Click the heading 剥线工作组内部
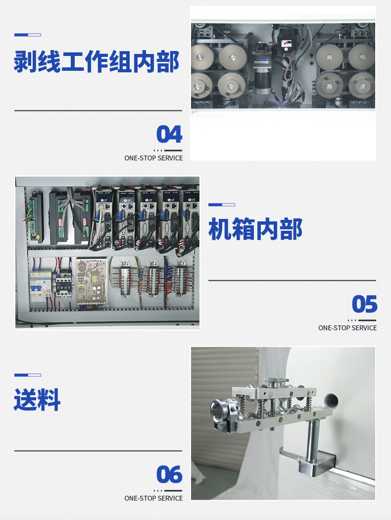97,62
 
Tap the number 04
169,134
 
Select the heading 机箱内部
255,229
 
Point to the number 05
364,304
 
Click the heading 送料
37,400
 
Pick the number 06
169,474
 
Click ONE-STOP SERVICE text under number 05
347,328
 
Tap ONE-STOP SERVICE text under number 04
153,158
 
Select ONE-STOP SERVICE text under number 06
153,498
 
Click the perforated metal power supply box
92,281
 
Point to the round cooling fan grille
281,104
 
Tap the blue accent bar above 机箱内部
222,205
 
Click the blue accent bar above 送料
28,375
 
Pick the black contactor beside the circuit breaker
63,284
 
